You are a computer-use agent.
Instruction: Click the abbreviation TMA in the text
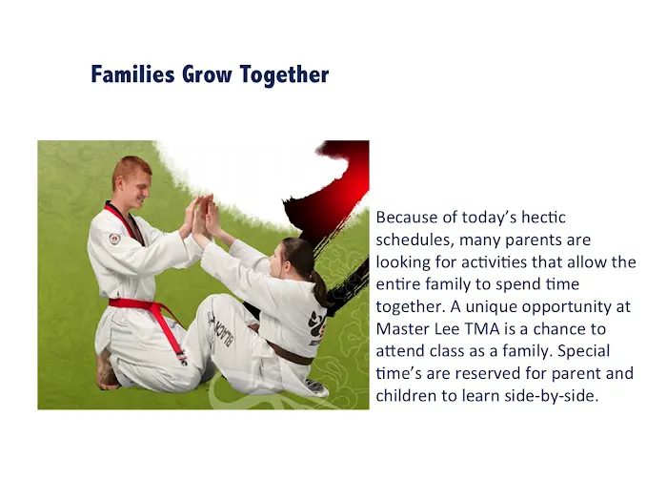point(482,329)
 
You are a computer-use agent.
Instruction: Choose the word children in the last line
point(408,396)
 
